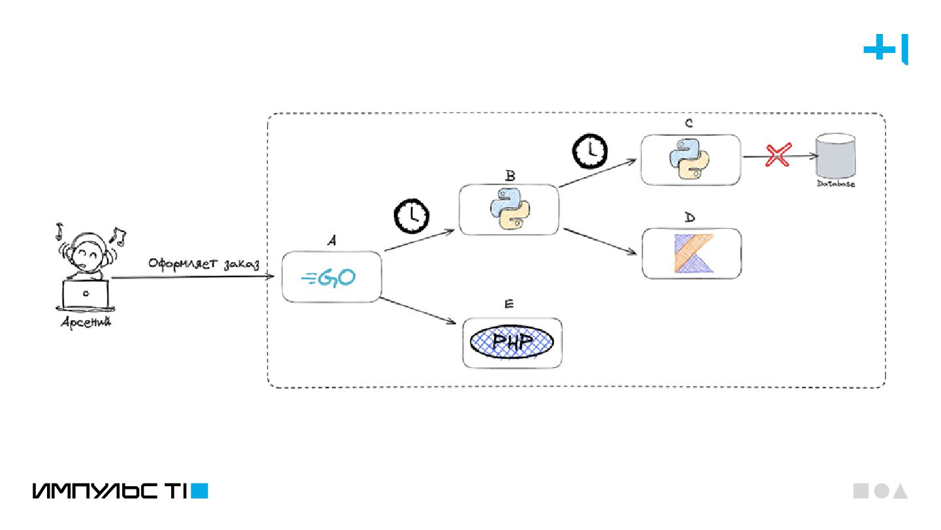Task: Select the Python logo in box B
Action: click(x=510, y=209)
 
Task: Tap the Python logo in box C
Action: click(x=689, y=159)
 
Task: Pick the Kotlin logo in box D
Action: click(x=692, y=254)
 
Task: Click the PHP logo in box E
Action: click(x=512, y=342)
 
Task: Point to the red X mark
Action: click(x=778, y=156)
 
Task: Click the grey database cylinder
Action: click(x=835, y=156)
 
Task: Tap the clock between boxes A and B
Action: click(x=410, y=216)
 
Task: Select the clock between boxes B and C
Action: click(x=590, y=151)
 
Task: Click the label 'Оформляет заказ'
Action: click(x=204, y=265)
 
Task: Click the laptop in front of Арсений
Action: click(x=85, y=295)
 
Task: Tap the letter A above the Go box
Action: click(x=331, y=241)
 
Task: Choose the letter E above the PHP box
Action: click(x=510, y=304)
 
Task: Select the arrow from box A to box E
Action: click(x=418, y=310)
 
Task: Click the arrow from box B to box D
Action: click(x=600, y=241)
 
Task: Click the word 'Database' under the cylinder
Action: click(x=836, y=184)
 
